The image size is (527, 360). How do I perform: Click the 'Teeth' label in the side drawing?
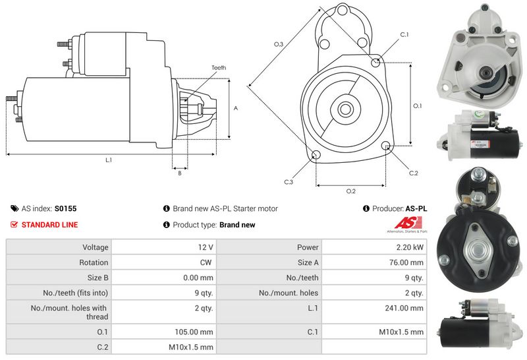[x=219, y=68]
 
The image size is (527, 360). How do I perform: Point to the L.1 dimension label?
[x=108, y=160]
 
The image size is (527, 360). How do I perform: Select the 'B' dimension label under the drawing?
[x=179, y=173]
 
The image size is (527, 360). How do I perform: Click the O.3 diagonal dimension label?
[x=279, y=44]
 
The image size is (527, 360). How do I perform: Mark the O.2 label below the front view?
[x=351, y=191]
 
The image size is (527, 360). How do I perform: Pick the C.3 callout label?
[x=289, y=181]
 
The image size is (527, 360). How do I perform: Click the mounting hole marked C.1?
[x=375, y=63]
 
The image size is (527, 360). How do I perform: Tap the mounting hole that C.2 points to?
[x=386, y=146]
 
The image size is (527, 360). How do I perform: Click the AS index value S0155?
[x=65, y=208]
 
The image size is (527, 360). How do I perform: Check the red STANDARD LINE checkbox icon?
[x=14, y=225]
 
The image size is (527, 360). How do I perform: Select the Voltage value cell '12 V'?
[x=206, y=247]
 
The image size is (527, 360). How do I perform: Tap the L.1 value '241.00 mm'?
[x=406, y=308]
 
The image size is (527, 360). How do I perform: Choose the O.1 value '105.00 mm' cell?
[x=196, y=332]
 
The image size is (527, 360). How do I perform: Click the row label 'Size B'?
[x=95, y=278]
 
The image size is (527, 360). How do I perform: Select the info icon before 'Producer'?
[x=366, y=208]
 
